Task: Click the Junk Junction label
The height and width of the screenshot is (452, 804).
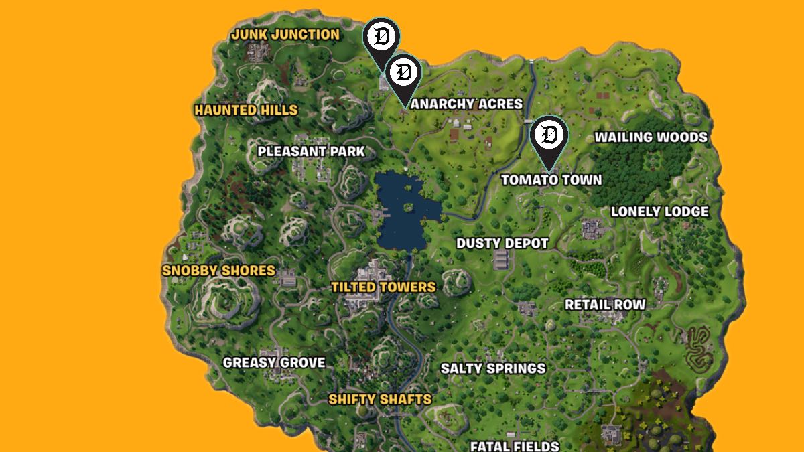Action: pyautogui.click(x=285, y=34)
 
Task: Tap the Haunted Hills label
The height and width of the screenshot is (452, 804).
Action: pyautogui.click(x=246, y=110)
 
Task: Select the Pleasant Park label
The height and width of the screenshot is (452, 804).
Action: pyautogui.click(x=312, y=151)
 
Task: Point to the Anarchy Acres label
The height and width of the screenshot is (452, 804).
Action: pyautogui.click(x=466, y=104)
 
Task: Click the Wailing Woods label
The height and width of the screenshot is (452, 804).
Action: pyautogui.click(x=651, y=137)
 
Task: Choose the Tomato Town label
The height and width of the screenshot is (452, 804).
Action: pyautogui.click(x=551, y=180)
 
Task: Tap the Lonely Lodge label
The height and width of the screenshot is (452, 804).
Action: pyautogui.click(x=659, y=212)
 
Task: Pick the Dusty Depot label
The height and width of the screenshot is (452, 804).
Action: pyautogui.click(x=503, y=243)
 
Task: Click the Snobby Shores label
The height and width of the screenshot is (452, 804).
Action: pyautogui.click(x=218, y=271)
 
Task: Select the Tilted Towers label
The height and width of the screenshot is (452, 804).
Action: pyautogui.click(x=383, y=287)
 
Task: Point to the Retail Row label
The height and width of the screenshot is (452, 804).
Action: pyautogui.click(x=605, y=305)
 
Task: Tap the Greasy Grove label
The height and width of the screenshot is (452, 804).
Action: pyautogui.click(x=274, y=363)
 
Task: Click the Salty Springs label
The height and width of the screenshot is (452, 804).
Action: pyautogui.click(x=493, y=368)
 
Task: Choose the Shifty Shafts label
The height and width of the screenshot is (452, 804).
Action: pyautogui.click(x=380, y=400)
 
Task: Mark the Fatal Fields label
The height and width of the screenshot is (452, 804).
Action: pyautogui.click(x=515, y=445)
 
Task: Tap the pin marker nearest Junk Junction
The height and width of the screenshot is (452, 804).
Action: pyautogui.click(x=381, y=37)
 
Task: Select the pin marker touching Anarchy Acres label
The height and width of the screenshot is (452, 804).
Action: pyautogui.click(x=403, y=73)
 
